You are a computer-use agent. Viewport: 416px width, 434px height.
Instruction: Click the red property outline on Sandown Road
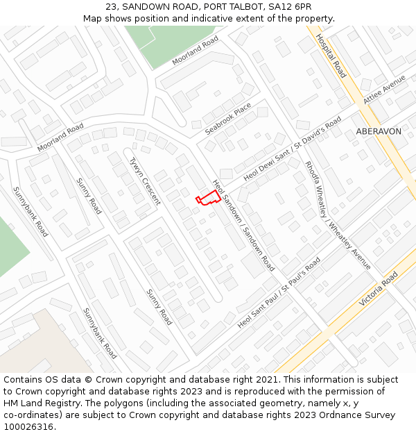click(x=207, y=198)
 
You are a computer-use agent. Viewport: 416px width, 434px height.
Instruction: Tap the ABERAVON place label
click(x=378, y=131)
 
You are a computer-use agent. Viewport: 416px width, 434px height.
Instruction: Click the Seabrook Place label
click(x=228, y=119)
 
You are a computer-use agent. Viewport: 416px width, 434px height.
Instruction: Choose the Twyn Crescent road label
click(x=145, y=181)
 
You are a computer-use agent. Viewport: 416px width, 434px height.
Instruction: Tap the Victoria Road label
click(x=379, y=290)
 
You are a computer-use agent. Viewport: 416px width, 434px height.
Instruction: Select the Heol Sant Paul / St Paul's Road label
click(x=279, y=292)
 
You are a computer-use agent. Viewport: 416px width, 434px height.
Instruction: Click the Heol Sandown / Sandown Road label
click(x=243, y=224)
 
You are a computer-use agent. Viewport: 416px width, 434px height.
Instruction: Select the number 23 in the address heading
click(x=112, y=6)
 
